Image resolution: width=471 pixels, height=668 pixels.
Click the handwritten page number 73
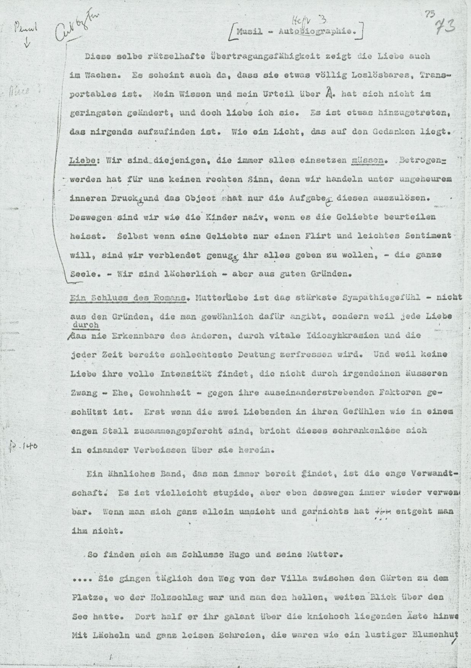444,27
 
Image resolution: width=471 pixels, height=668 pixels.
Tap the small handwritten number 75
430,14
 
